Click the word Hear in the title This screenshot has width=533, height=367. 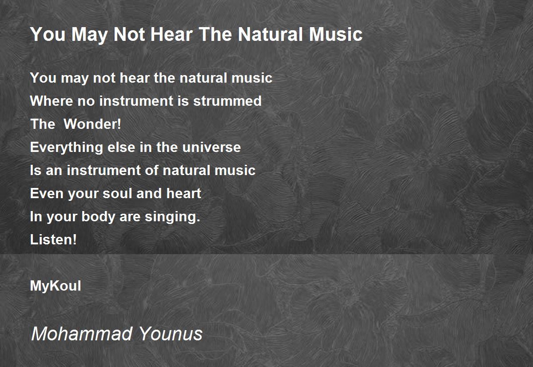point(171,34)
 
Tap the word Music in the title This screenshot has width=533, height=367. point(336,34)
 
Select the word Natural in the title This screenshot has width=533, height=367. point(271,34)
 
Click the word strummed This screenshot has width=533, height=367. point(227,101)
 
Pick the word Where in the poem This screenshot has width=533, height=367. point(51,101)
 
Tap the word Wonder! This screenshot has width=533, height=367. point(92,124)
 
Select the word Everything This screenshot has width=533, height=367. point(66,148)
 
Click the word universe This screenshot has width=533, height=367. point(211,147)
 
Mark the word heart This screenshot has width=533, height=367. point(184,193)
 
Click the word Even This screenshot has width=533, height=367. point(47,193)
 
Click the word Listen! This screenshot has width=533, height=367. point(53,239)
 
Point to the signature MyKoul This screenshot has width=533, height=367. point(56,286)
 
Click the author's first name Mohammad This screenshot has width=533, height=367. point(82,333)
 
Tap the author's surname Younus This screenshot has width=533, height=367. point(171,333)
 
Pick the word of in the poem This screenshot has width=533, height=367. point(151,170)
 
